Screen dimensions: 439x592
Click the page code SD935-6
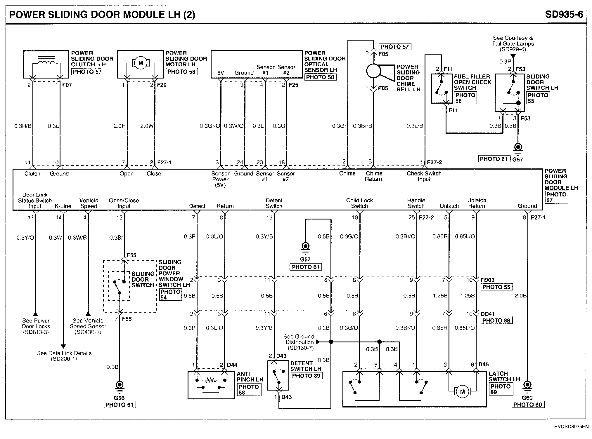564,14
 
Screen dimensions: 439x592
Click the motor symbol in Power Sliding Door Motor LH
141,63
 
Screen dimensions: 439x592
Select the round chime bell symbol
374,71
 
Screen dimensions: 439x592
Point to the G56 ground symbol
119,385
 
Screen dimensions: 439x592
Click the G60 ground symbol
527,386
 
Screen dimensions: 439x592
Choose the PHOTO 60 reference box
527,405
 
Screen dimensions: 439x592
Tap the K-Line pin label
63,206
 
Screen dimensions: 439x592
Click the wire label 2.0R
120,126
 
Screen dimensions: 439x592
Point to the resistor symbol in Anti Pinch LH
211,380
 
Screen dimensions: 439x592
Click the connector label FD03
488,280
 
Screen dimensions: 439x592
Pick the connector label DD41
488,314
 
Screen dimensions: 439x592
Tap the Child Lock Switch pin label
359,203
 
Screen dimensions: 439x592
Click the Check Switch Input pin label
424,176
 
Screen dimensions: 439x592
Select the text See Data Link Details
64,353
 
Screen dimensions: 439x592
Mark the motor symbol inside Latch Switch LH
462,391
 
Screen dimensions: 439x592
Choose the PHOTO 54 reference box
170,295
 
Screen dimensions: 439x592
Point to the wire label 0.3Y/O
25,238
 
